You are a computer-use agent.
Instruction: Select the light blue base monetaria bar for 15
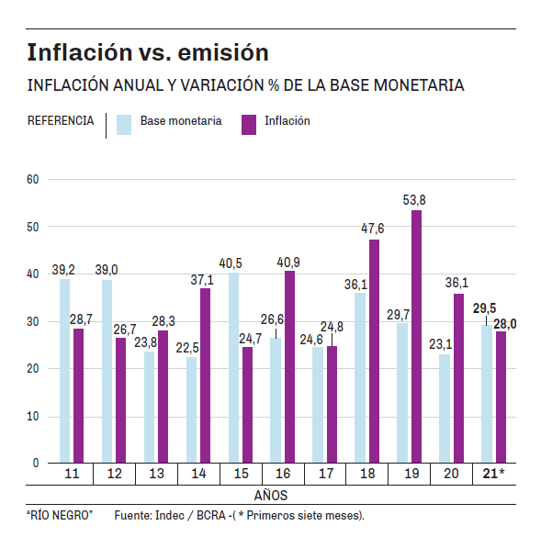234,368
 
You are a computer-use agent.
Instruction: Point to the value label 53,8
414,199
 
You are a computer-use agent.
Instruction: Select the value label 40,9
290,260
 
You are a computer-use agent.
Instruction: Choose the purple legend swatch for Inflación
249,124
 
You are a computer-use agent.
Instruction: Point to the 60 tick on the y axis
33,179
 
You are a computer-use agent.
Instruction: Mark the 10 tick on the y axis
33,417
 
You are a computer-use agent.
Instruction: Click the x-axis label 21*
494,474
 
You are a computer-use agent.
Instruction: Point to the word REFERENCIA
61,121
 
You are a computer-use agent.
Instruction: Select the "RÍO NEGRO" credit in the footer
59,516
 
